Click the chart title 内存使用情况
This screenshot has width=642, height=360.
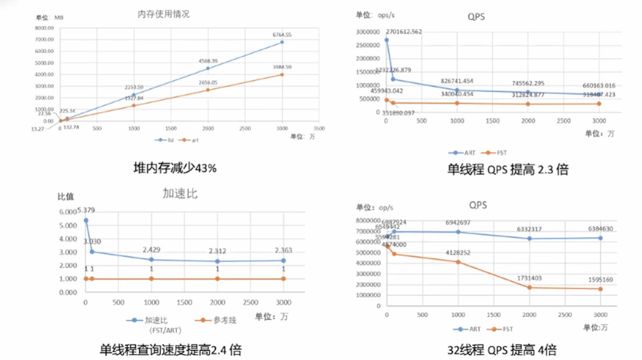point(164,14)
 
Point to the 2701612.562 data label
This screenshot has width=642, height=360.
point(404,32)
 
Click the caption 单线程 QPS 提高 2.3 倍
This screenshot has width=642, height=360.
point(508,170)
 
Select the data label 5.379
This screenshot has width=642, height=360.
point(86,210)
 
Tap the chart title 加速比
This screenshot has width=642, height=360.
point(180,194)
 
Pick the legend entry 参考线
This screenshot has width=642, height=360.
point(224,320)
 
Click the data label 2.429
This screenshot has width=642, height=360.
point(152,250)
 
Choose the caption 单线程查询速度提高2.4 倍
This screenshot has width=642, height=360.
point(171,350)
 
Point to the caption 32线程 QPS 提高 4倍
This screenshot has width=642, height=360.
point(502,350)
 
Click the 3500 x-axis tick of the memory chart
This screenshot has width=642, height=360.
point(319,129)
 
